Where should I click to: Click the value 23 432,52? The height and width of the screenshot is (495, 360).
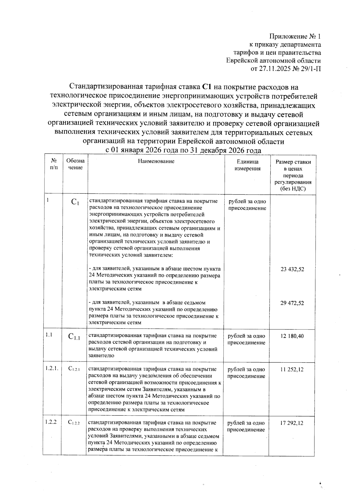292,269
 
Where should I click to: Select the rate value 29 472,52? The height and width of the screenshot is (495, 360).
292,303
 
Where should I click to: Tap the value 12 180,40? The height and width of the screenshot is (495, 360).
292,336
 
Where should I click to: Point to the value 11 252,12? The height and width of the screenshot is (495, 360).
292,369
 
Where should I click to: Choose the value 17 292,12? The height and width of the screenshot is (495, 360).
292,423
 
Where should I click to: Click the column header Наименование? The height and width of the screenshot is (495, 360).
156,161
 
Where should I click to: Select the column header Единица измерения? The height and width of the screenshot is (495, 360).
247,165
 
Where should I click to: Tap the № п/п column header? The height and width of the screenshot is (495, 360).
54,164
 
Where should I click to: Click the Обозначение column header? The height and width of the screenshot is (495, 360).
75,164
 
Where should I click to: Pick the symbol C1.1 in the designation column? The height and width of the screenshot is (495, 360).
74,337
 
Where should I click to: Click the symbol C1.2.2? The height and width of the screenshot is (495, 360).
74,423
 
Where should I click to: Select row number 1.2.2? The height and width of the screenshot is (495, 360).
51,422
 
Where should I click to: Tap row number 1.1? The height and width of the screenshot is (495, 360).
49,335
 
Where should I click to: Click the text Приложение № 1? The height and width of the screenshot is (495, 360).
295,37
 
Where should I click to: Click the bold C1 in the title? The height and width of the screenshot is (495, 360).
207,87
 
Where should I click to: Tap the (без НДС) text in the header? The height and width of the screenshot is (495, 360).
293,189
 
